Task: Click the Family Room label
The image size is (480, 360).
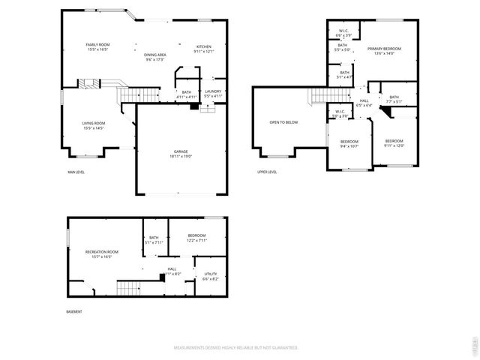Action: pos(97,45)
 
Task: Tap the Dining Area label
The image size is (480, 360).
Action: pos(154,55)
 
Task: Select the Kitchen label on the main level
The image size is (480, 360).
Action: pos(204,46)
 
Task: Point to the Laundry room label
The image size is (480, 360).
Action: pos(213,91)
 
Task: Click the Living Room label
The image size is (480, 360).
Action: pos(94,123)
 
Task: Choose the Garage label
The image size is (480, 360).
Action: pos(181,151)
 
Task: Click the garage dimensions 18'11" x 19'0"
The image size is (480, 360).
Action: pos(181,157)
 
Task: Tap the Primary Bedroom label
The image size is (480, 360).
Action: pos(384,49)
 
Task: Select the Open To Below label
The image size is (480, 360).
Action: pos(284,122)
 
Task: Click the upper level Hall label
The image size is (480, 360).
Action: pos(364,100)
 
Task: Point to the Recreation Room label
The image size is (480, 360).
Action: pos(101,251)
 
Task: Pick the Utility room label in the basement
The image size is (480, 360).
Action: pos(211,274)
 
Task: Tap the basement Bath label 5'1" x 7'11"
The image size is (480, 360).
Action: pos(153,238)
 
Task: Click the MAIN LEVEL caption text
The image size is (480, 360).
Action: pos(76,172)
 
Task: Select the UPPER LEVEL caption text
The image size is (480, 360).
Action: pos(267,172)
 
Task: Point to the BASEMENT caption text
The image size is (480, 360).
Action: pos(73,311)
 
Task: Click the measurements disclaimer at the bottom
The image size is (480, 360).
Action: pos(236,348)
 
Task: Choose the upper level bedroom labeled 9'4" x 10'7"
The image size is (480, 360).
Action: pos(349,142)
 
